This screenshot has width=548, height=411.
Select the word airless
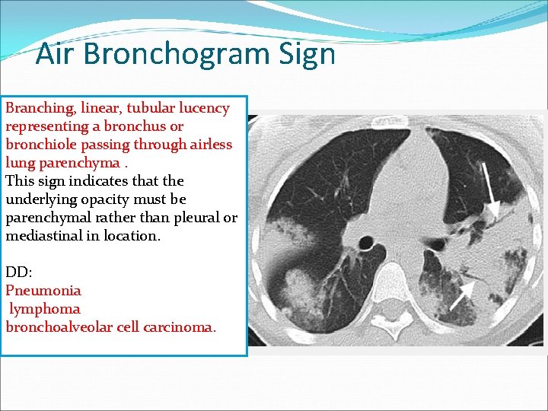[209, 145]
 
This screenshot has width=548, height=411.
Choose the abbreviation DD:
[18, 272]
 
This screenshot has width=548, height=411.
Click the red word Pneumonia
[43, 291]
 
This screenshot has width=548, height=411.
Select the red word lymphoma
[45, 309]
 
